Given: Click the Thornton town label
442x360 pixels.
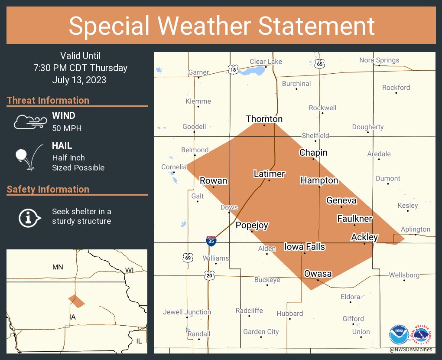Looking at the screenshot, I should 264,119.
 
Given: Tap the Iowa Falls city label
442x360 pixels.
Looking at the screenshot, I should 304,247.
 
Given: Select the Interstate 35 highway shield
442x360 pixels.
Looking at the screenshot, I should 211,241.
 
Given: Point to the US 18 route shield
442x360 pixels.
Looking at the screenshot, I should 233,69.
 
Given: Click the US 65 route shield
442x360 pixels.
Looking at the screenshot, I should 320,64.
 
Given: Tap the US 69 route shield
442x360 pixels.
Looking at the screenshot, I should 188,258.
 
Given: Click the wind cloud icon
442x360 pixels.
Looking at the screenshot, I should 30,122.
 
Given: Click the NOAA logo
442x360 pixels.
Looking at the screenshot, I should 399,335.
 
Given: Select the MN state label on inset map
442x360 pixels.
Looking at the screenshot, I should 58,267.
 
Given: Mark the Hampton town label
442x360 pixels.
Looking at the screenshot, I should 319,180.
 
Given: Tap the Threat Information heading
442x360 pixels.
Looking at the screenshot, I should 48,100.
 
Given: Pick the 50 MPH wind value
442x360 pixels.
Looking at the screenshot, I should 67,128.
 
